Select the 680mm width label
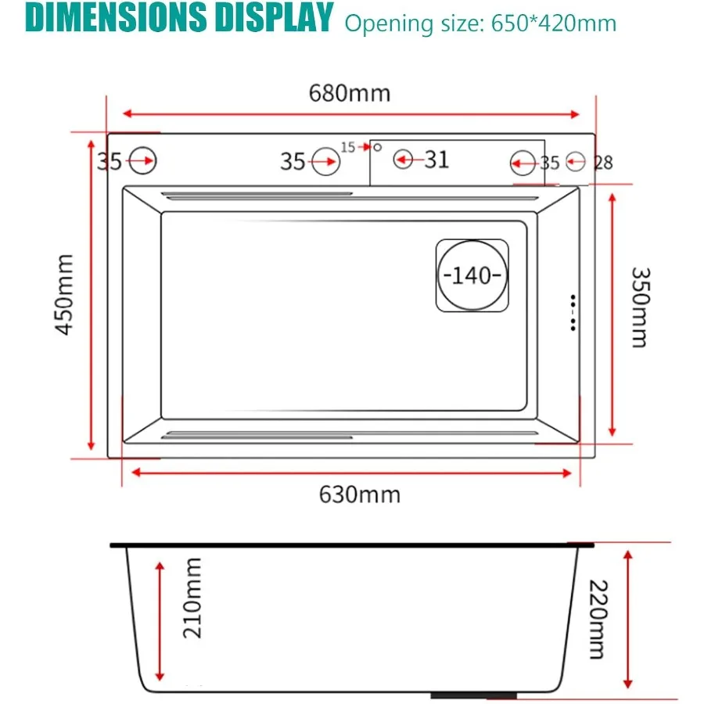pos(349,93)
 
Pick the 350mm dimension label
pos(639,307)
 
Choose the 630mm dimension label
pos(359,494)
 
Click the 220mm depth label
pos(596,620)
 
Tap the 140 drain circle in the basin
pos(472,276)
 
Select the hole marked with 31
pos(404,160)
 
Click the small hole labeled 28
pos(576,162)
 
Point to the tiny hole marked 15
pos(376,147)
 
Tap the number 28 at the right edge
pos(603,163)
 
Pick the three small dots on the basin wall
pos(573,312)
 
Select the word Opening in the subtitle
pos(378,23)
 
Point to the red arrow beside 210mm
pos(160,620)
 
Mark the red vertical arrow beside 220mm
pos(627,617)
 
